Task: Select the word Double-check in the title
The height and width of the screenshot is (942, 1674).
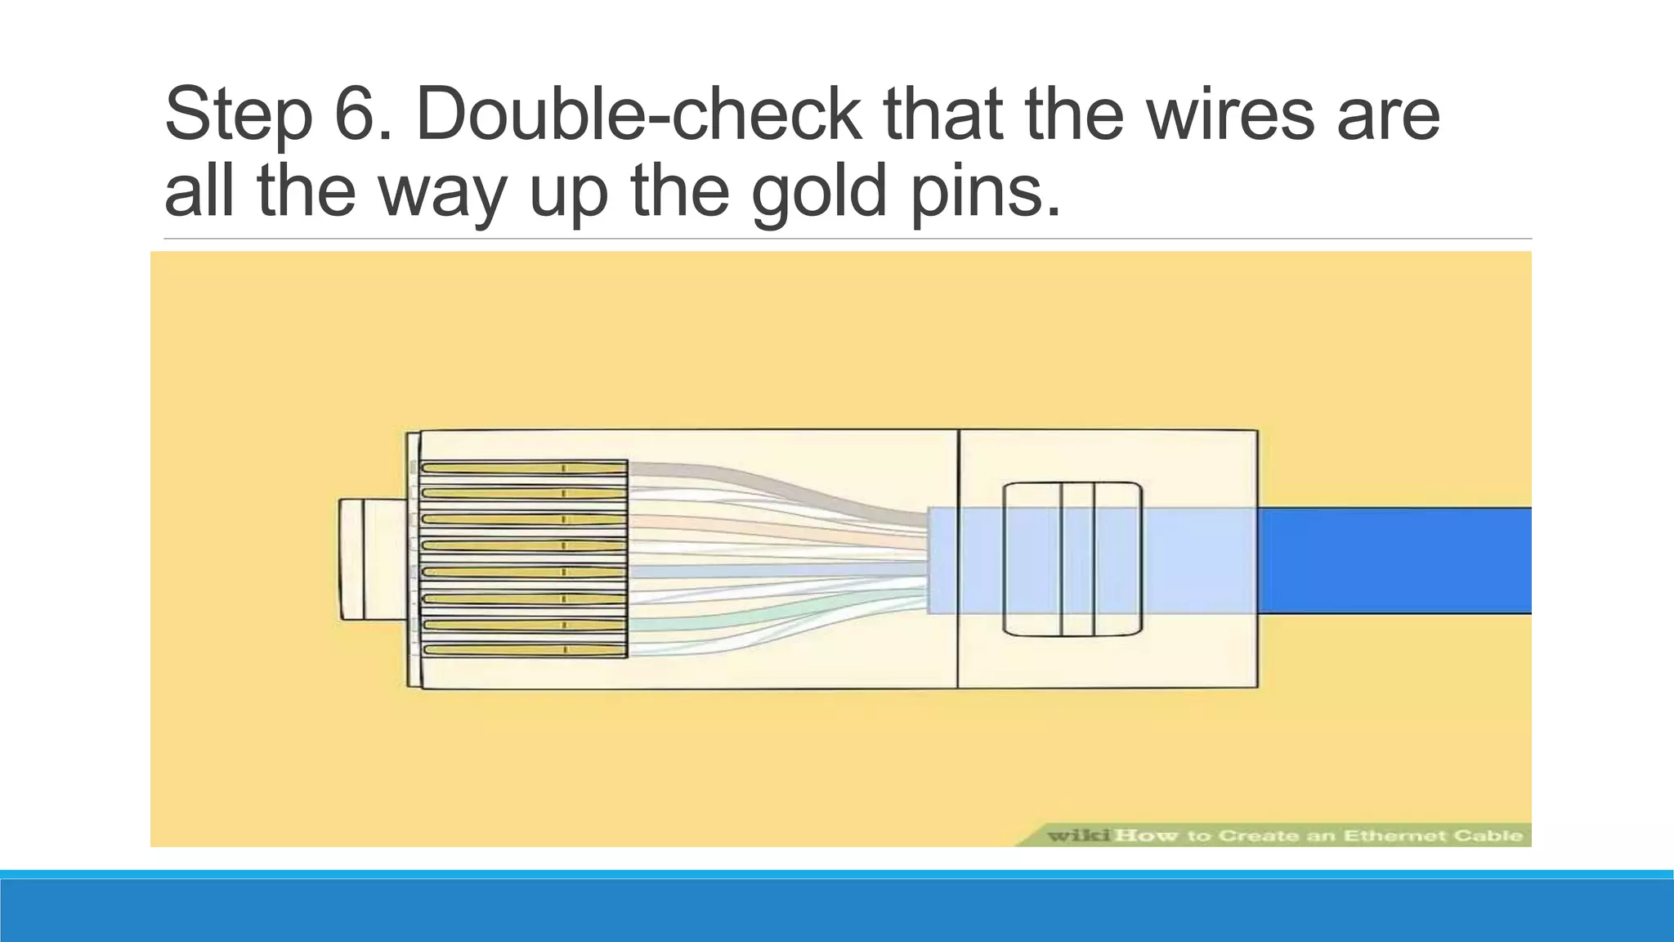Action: tap(638, 114)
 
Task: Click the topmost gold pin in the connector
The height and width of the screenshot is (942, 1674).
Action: tap(523, 469)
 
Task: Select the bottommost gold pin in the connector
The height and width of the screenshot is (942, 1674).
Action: tap(523, 650)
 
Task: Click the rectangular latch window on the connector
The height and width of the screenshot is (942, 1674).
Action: tap(1072, 559)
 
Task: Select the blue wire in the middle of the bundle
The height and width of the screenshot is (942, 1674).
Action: tap(777, 569)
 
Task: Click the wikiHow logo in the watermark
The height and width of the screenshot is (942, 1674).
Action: tap(1112, 835)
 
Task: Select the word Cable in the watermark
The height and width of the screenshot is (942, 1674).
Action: tap(1493, 835)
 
